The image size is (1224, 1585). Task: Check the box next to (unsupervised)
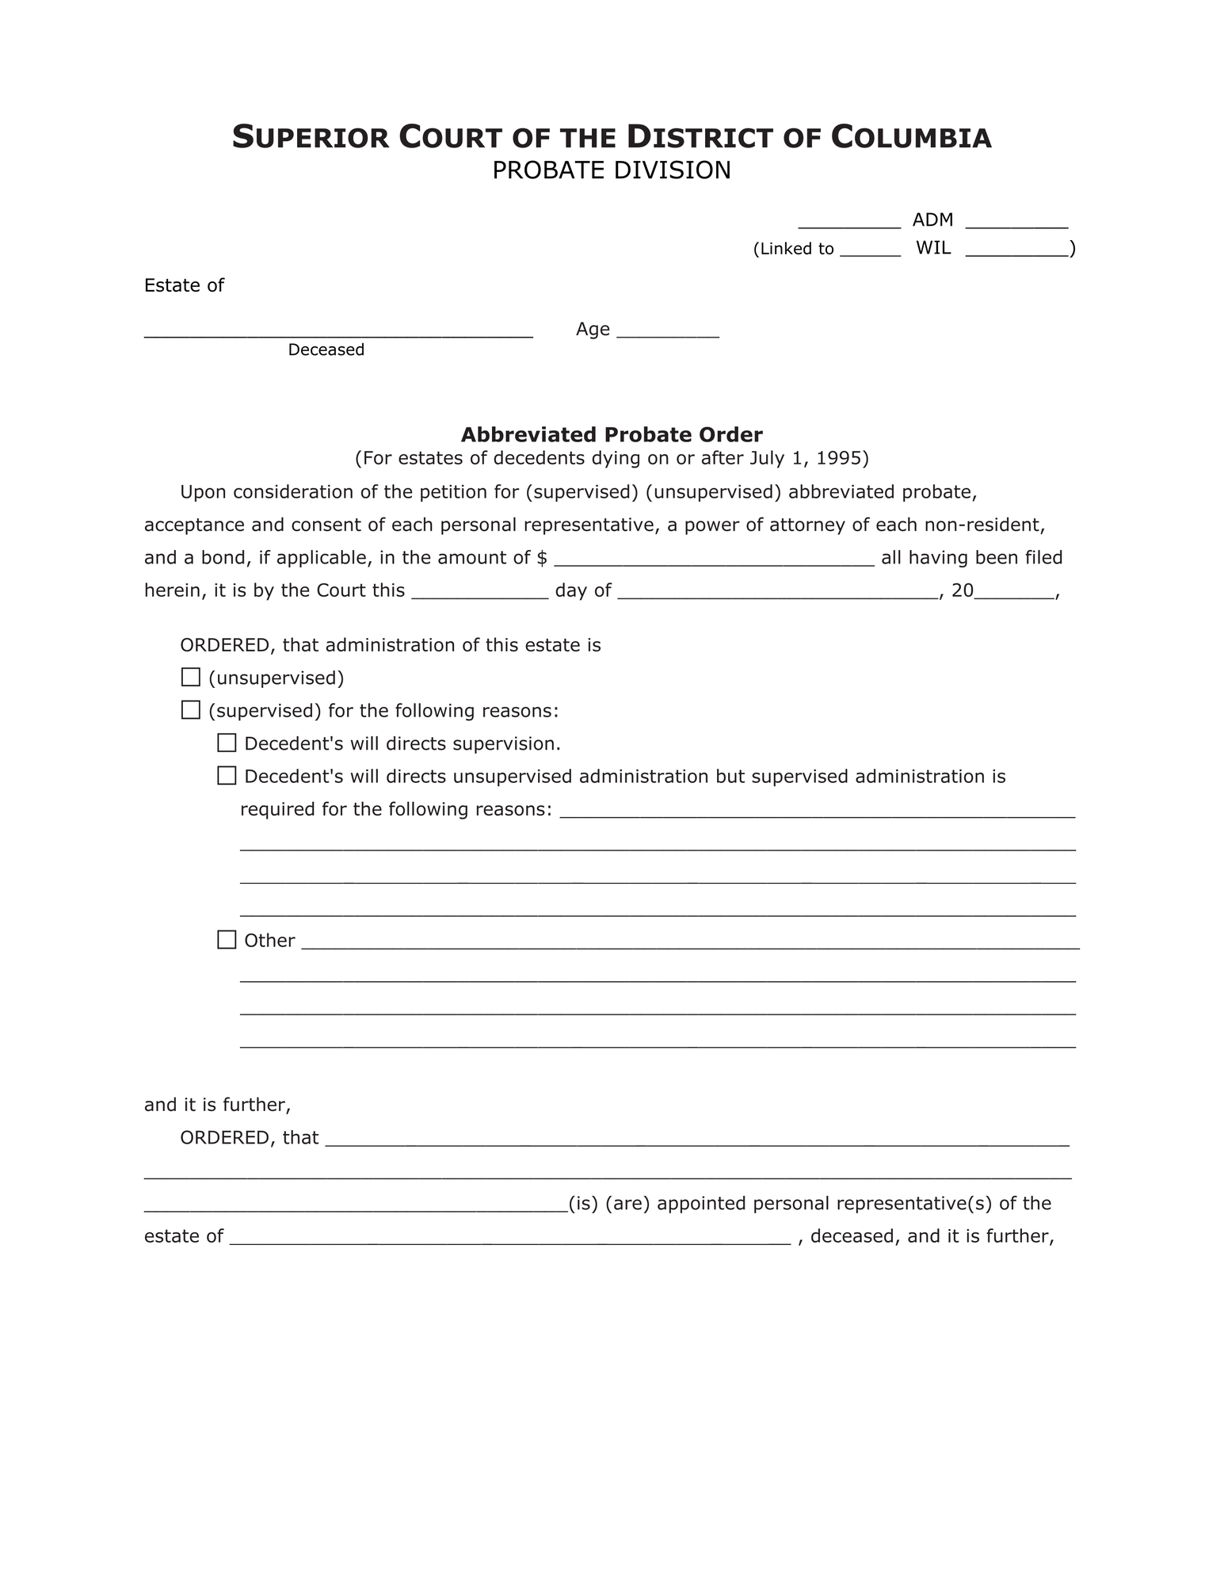[x=190, y=678]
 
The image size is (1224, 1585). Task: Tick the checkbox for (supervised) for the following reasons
[x=190, y=710]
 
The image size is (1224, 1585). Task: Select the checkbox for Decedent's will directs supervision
[x=227, y=743]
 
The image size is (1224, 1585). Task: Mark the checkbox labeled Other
[x=227, y=940]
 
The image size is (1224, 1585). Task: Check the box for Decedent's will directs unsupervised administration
[x=227, y=776]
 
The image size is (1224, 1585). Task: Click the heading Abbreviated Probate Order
[x=612, y=435]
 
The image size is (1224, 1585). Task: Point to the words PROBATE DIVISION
[x=612, y=170]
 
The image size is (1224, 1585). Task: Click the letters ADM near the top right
[x=932, y=220]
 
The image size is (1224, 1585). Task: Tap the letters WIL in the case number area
[x=933, y=248]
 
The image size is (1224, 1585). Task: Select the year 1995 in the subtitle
[x=839, y=458]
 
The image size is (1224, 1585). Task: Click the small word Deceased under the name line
[x=326, y=350]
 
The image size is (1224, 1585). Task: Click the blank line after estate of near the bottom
[x=510, y=1237]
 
